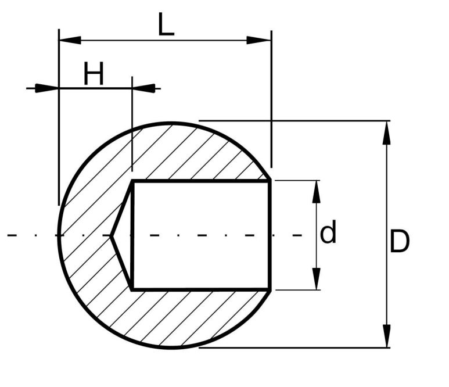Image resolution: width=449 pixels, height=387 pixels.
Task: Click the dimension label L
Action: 166,24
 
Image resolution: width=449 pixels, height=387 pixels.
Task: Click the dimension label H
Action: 94,74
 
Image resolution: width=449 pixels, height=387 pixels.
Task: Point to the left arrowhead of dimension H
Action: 47,88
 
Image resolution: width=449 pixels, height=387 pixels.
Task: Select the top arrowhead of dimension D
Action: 386,132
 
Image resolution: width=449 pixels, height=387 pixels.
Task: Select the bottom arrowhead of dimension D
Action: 386,336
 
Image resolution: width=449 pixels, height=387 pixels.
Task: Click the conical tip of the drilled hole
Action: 111,235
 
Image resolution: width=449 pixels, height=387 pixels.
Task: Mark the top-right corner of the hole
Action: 270,181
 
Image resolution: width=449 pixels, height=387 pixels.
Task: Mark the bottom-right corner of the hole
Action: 270,289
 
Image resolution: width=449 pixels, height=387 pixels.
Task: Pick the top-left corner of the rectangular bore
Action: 133,181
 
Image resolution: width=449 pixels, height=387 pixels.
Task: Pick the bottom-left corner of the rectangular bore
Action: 133,289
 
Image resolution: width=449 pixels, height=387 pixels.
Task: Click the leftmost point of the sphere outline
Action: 59,235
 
